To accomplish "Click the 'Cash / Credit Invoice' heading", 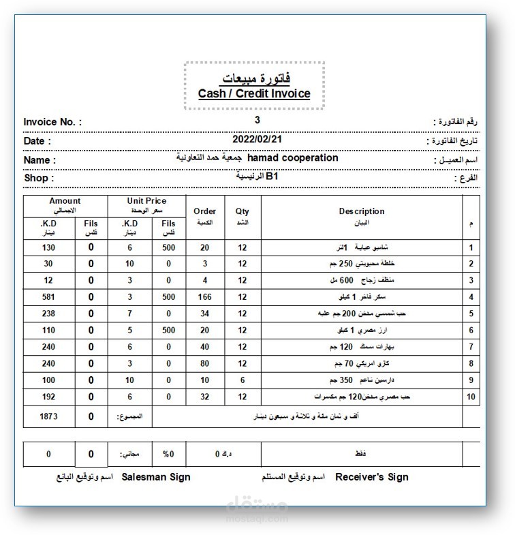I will click(x=254, y=93).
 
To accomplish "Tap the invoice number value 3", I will click(x=257, y=120).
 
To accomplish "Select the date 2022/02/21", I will click(x=257, y=138).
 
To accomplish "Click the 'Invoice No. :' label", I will click(x=52, y=122).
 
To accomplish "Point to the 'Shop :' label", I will click(x=38, y=178).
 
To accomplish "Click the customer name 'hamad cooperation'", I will click(x=293, y=157).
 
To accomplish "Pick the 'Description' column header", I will click(x=362, y=211).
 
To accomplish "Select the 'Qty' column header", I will click(x=243, y=211).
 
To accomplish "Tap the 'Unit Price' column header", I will click(x=146, y=201).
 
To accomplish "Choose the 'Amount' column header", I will click(x=65, y=201).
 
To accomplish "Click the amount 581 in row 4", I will click(x=48, y=296).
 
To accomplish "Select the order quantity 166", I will click(x=204, y=296).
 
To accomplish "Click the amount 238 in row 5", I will click(x=48, y=313).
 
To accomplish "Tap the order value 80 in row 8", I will click(x=204, y=363).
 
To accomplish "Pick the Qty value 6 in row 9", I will click(x=243, y=380).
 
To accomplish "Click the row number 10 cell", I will click(x=471, y=397).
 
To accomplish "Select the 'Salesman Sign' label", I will click(x=156, y=477).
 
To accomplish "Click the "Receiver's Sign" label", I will click(x=372, y=477).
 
